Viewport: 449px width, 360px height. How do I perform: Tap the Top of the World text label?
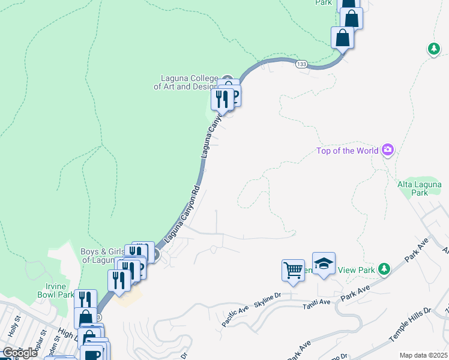pyautogui.click(x=348, y=150)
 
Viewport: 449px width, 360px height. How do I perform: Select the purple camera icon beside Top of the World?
pyautogui.click(x=388, y=149)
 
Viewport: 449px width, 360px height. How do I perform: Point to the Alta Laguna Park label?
pyautogui.click(x=420, y=188)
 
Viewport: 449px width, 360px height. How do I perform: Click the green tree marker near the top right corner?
pyautogui.click(x=433, y=49)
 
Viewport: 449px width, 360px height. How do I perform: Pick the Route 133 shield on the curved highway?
pyautogui.click(x=301, y=64)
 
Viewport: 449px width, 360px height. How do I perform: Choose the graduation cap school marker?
pyautogui.click(x=324, y=264)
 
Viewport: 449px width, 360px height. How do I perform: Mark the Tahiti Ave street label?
pyautogui.click(x=316, y=302)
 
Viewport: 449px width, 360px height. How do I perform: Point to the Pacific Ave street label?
pyautogui.click(x=235, y=316)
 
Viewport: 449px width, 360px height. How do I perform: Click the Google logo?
pyautogui.click(x=20, y=352)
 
